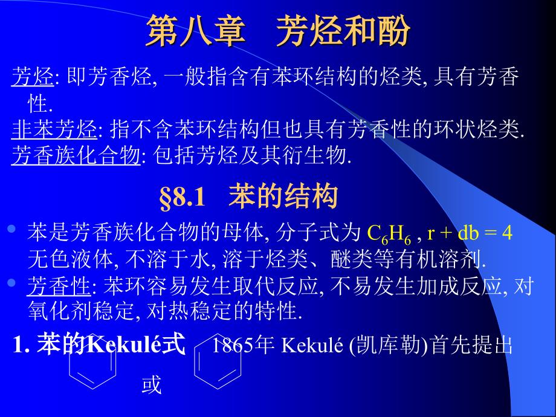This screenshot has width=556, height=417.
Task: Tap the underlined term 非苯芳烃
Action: [54, 129]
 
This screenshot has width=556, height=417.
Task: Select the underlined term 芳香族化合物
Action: [76, 155]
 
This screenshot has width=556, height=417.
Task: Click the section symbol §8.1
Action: [183, 197]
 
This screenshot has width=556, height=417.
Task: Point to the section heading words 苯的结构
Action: [283, 196]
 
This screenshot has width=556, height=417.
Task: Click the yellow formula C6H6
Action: [389, 234]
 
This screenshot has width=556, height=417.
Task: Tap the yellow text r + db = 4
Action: [470, 233]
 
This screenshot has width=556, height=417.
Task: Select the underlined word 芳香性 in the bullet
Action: [59, 286]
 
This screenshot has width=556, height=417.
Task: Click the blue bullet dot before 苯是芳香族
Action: [11, 228]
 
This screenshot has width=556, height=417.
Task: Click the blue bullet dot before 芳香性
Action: [11, 283]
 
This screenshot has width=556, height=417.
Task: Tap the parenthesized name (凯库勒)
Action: [389, 344]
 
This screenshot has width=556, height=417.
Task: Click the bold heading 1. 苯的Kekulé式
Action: [99, 344]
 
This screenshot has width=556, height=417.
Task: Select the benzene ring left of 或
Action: [92, 361]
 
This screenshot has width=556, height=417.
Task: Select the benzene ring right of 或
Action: [218, 361]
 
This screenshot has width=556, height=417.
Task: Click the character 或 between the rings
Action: [152, 385]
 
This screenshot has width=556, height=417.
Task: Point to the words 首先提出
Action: [471, 344]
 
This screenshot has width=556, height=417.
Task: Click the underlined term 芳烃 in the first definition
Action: [33, 77]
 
